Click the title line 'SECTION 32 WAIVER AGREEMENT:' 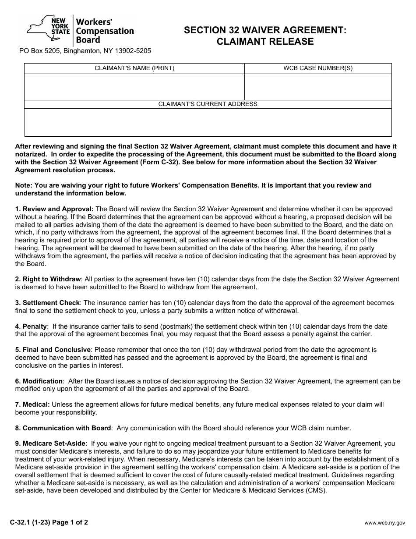[265, 30]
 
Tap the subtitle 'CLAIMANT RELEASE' [265, 42]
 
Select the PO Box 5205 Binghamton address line [85, 51]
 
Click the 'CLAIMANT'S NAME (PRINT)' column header [134, 68]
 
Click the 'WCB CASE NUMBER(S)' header [318, 68]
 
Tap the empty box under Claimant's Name [134, 87]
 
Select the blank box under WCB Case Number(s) [318, 87]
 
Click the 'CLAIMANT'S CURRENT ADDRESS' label [208, 104]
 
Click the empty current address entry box [208, 122]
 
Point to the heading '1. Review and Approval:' [54, 209]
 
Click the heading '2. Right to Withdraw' [48, 279]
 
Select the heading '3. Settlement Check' [48, 303]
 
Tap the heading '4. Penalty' [31, 326]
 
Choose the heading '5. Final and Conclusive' [53, 350]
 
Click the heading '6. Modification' [39, 381]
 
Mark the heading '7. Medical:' [32, 404]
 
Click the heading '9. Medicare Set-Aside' [51, 443]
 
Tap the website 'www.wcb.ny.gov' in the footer [385, 523]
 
